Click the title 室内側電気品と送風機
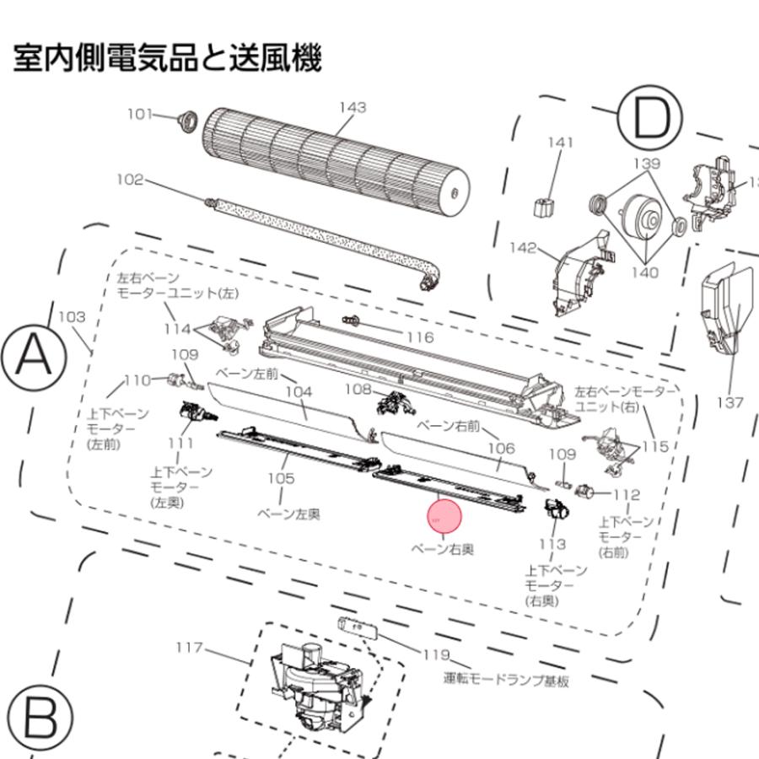pos(167,60)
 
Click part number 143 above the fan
pos(353,107)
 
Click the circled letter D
pos(649,120)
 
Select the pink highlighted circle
pos(446,518)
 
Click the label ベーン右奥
pos(441,549)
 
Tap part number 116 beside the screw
pos(418,337)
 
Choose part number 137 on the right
pos(730,402)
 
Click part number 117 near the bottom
pos(190,648)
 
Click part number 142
pos(523,247)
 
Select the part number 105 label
pos(281,478)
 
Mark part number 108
pos(358,390)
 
